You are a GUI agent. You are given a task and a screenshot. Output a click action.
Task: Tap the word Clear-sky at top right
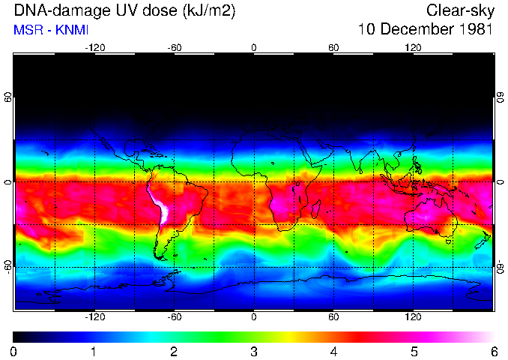click(x=460, y=10)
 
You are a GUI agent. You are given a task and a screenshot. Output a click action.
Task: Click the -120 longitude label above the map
click(x=94, y=47)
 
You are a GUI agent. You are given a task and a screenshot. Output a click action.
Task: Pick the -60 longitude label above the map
click(x=174, y=47)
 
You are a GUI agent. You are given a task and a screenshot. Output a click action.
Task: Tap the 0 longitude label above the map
click(x=254, y=47)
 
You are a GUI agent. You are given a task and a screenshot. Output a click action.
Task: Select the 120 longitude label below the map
click(x=413, y=316)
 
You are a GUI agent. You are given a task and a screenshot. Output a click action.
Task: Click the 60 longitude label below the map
click(x=333, y=316)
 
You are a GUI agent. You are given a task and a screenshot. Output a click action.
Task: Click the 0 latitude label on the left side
click(x=8, y=182)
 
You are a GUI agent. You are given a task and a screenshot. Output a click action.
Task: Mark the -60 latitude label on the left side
click(x=8, y=267)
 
